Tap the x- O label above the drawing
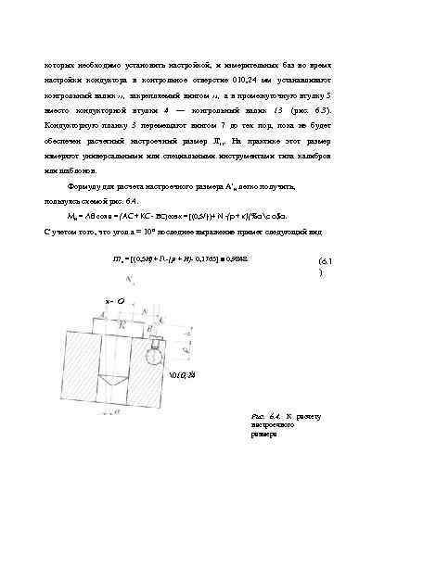pyautogui.click(x=115, y=301)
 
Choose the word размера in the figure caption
pyautogui.click(x=264, y=434)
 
